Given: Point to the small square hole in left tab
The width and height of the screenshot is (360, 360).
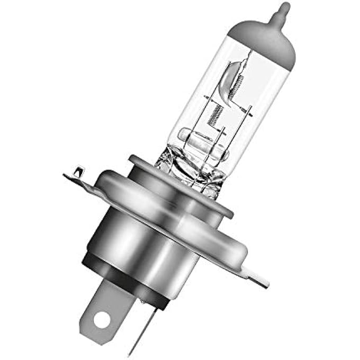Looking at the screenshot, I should click(78, 171).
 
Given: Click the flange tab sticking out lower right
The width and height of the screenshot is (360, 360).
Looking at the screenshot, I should click(254, 275).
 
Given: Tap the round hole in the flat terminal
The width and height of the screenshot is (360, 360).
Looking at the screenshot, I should click(102, 318).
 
